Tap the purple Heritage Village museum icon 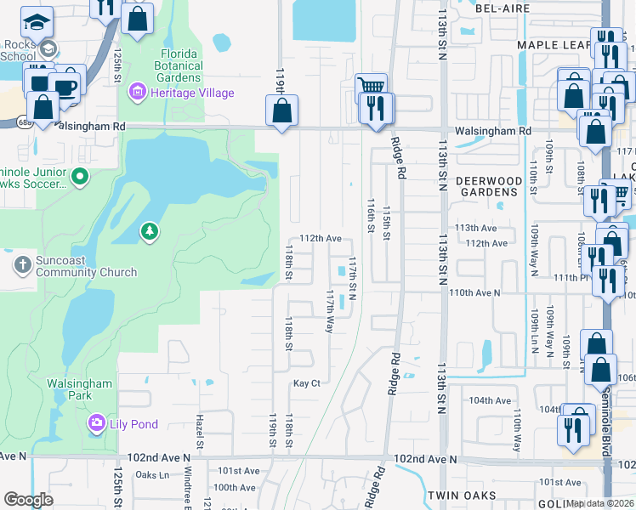136,92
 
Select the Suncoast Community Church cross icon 22,265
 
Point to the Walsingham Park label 79,389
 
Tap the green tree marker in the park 150,231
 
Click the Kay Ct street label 306,383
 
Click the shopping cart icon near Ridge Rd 370,86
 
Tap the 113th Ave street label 475,228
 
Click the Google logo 28,500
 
